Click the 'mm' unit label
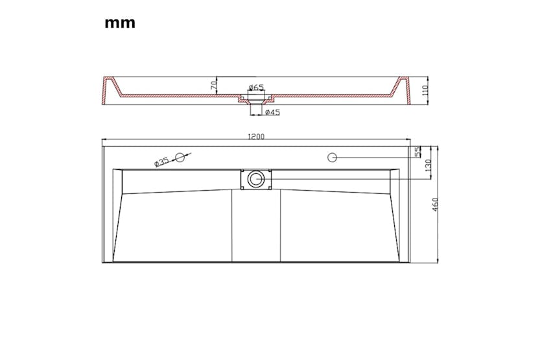(x=120, y=23)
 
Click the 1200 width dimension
(x=256, y=136)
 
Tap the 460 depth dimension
(x=435, y=204)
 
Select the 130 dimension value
(x=428, y=165)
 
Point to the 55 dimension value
(x=417, y=152)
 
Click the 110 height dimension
(x=425, y=90)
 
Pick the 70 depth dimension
(x=213, y=86)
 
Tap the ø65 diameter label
(x=256, y=87)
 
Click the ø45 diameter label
(x=272, y=112)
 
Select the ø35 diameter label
(x=161, y=162)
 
